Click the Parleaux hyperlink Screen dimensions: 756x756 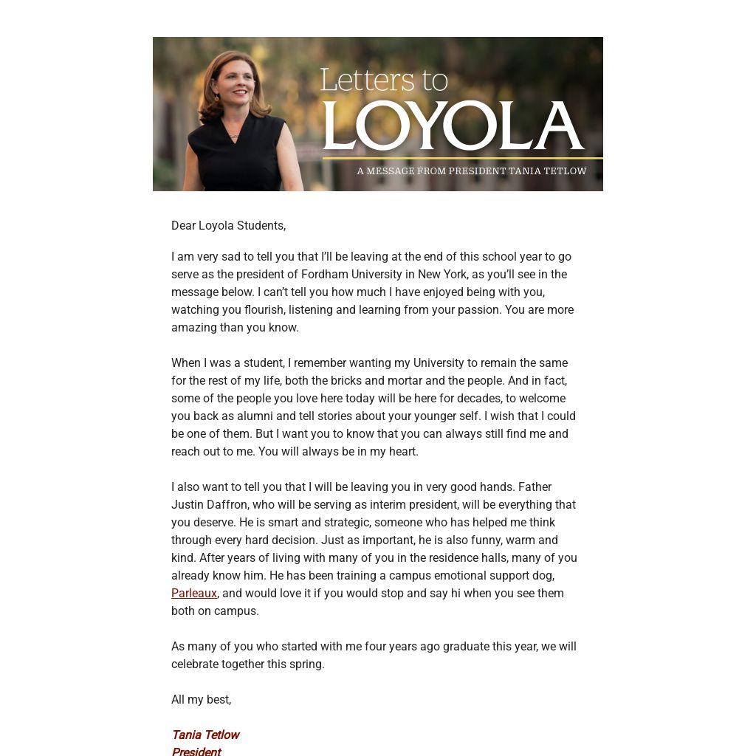[193, 593]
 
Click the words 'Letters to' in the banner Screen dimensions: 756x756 [384, 80]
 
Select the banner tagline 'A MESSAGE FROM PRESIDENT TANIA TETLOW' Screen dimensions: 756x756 [471, 171]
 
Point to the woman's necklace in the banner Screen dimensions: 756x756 [234, 135]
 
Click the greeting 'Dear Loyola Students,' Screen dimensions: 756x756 [228, 225]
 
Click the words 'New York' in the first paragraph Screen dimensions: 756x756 [442, 274]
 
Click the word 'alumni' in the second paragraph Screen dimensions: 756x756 [255, 416]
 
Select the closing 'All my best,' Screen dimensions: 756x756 [201, 699]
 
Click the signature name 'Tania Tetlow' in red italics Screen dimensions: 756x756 [205, 735]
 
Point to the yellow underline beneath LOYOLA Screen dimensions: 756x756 [462, 158]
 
